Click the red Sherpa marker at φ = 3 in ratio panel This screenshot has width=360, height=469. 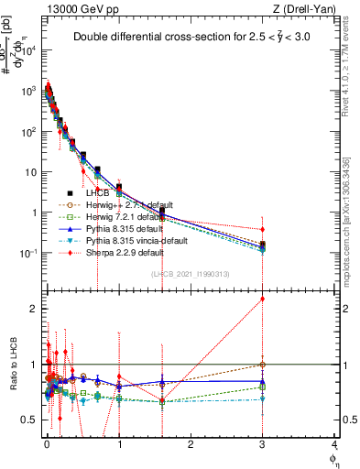coord(263,299)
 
